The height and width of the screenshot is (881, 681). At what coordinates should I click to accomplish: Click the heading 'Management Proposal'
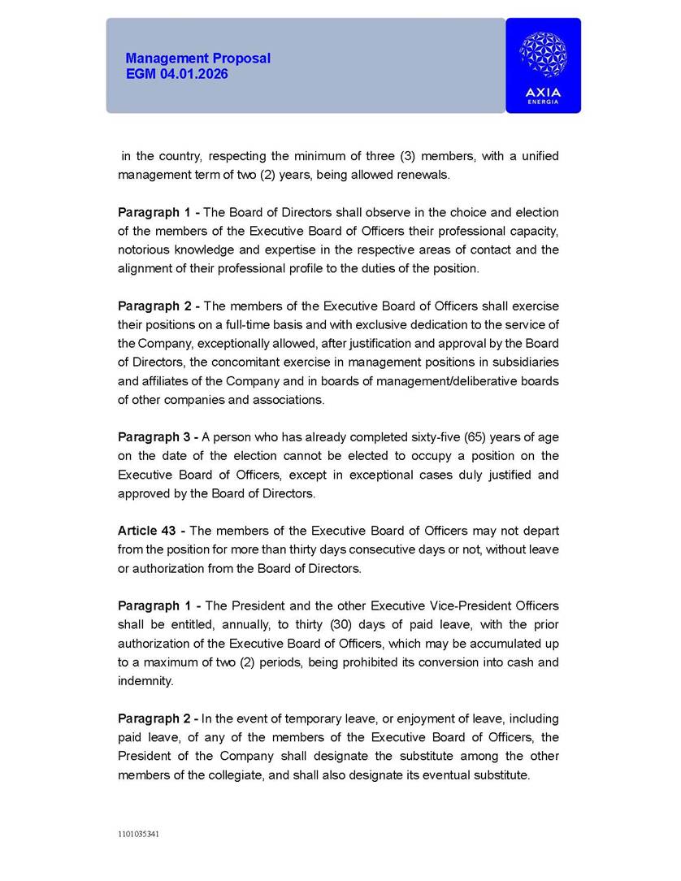click(x=197, y=59)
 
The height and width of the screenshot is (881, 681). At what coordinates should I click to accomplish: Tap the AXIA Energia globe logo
click(x=543, y=55)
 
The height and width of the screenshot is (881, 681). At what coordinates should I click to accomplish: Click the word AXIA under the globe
click(x=543, y=93)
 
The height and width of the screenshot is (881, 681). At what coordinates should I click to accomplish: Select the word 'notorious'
click(x=143, y=250)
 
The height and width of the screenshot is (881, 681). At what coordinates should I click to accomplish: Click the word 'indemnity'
click(x=145, y=680)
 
